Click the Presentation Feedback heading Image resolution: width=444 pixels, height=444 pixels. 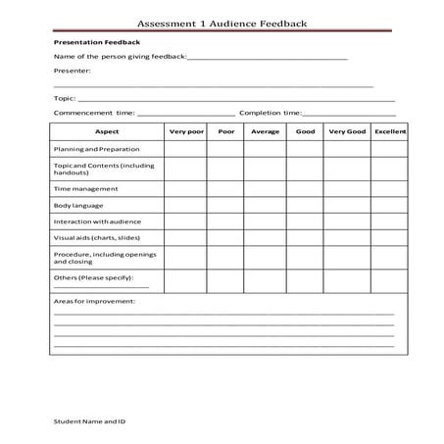(96, 43)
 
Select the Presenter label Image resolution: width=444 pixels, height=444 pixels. (72, 71)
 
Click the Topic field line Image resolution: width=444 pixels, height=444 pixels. (235, 100)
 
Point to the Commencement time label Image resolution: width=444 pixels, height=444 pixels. (94, 113)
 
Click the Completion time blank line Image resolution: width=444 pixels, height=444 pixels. (349, 115)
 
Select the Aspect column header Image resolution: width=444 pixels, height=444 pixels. (106, 131)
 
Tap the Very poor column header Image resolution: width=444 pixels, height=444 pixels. (185, 131)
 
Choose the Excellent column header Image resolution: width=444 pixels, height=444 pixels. (390, 131)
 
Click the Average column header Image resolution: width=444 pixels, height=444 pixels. (265, 131)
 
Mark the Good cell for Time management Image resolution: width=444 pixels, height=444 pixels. (305, 189)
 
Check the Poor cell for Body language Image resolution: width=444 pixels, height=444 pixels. (226, 206)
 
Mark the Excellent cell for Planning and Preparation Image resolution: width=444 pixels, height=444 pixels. (390, 149)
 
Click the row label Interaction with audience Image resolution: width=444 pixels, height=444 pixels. (97, 222)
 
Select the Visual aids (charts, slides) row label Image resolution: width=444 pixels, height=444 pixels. (97, 238)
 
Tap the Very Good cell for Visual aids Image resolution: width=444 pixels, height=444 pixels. (347, 238)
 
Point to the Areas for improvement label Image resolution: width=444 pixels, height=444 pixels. (94, 301)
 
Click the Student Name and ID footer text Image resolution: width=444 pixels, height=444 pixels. (89, 421)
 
